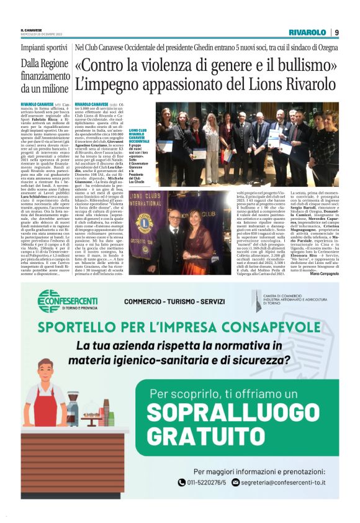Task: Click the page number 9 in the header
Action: (336, 32)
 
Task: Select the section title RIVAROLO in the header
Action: (307, 32)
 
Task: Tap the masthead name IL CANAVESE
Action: (32, 30)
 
